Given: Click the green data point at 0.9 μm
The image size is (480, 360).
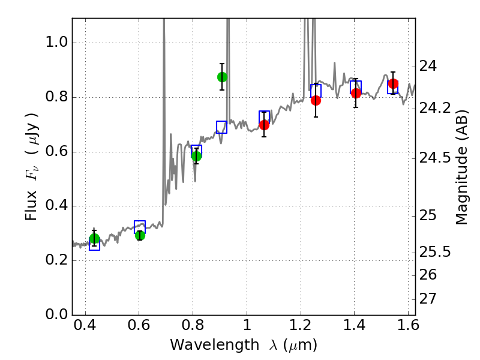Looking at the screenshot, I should pyautogui.click(x=222, y=77).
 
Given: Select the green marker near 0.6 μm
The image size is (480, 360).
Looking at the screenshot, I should pyautogui.click(x=140, y=235).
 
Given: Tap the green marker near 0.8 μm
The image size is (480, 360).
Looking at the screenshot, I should pyautogui.click(x=196, y=156).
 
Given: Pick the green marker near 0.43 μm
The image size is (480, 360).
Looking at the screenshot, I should pyautogui.click(x=94, y=239).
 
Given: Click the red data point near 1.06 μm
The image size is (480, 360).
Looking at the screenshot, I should pyautogui.click(x=264, y=125).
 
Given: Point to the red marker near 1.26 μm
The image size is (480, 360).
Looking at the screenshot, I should pyautogui.click(x=316, y=100).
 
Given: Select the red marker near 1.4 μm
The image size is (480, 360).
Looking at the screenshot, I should pyautogui.click(x=356, y=93).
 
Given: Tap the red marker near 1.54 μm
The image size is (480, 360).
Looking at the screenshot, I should pyautogui.click(x=393, y=84).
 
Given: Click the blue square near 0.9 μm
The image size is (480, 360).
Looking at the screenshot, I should pyautogui.click(x=221, y=127).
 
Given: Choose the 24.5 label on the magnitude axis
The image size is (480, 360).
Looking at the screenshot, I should pyautogui.click(x=435, y=158).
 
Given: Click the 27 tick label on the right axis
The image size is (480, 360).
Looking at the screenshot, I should pyautogui.click(x=430, y=299).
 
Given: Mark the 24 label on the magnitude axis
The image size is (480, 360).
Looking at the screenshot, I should pyautogui.click(x=430, y=66).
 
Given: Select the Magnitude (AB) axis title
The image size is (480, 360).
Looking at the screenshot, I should pyautogui.click(x=461, y=166).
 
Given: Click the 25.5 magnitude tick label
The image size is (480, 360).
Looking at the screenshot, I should pyautogui.click(x=435, y=252).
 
